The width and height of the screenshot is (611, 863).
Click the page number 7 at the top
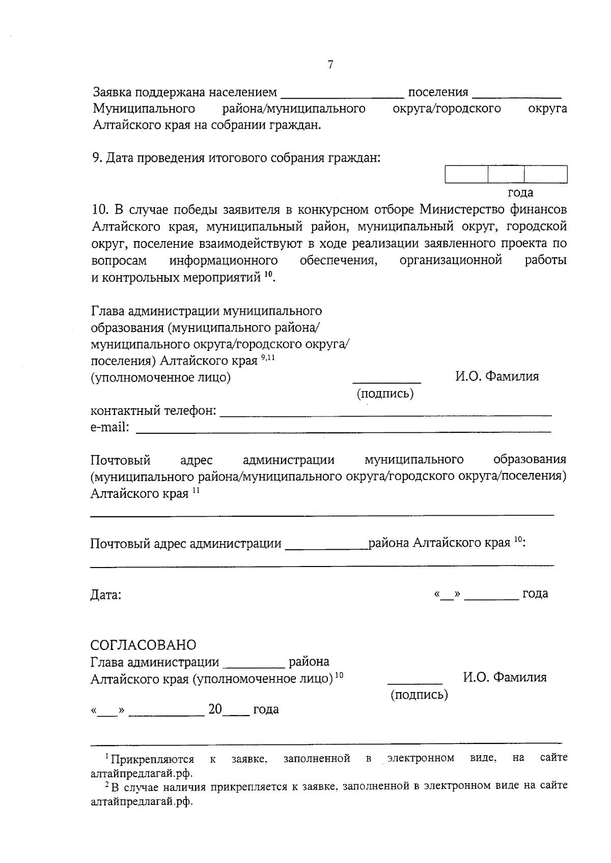click(330, 65)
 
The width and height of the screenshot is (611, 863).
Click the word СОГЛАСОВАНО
click(143, 645)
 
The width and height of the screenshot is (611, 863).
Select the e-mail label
click(109, 427)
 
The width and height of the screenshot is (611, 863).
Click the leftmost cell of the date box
click(466, 174)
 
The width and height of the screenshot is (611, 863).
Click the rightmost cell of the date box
click(546, 174)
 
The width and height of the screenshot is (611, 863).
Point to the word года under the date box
click(520, 192)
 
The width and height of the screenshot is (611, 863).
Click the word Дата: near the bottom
click(106, 594)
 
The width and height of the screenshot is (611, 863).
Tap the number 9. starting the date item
click(97, 158)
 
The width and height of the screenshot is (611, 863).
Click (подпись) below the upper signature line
click(385, 394)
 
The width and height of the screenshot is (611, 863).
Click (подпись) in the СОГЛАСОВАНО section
click(419, 695)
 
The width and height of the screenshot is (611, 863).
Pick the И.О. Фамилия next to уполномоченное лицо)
click(497, 376)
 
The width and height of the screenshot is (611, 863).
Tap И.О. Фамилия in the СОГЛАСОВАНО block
click(505, 677)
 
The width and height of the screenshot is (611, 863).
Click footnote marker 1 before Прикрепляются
click(107, 757)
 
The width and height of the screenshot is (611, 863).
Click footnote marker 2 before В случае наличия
click(107, 786)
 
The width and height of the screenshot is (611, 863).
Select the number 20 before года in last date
click(215, 709)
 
